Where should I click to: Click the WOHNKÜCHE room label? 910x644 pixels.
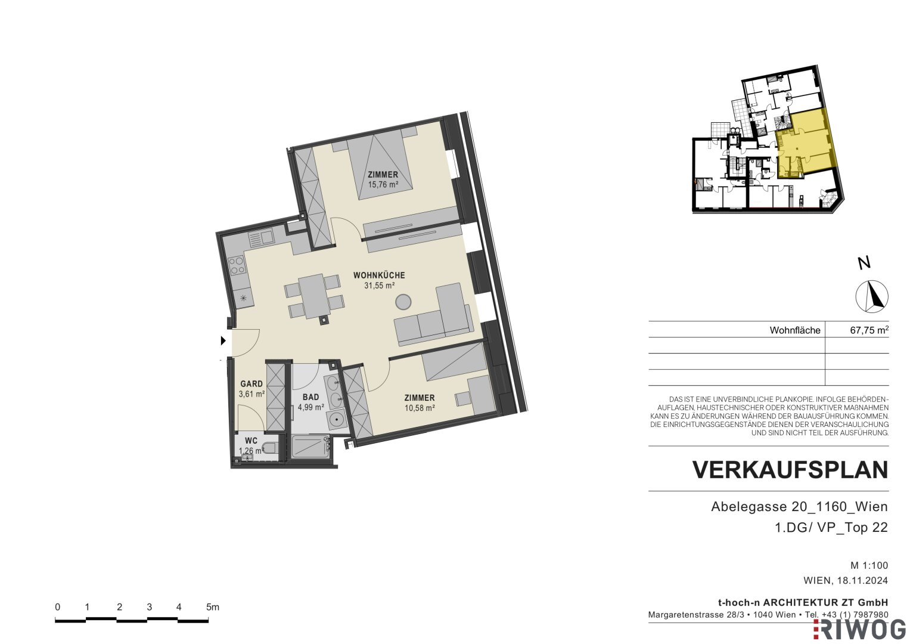point(379,275)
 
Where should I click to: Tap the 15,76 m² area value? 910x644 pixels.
point(383,185)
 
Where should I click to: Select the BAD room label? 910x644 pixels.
point(310,397)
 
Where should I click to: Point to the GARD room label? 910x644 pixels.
point(251,384)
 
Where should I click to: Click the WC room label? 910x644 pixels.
point(251,441)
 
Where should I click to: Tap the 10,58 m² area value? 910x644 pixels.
point(420,408)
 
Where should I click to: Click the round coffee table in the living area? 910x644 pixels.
point(403,302)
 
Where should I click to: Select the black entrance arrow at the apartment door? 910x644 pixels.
point(223,340)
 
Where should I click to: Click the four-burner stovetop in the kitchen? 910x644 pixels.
point(237,265)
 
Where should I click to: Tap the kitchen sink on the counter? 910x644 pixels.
point(261,237)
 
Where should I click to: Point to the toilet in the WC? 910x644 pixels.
point(271,448)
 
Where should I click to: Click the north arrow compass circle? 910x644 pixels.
point(872,296)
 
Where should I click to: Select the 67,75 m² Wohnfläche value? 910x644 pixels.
point(869,330)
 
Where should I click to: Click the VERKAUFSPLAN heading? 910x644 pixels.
point(790,470)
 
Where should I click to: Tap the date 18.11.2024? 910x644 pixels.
point(862,581)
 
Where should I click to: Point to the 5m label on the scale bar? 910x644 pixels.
point(213,607)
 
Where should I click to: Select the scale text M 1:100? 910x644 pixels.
point(869,565)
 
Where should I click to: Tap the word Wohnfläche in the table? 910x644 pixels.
point(795,330)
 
